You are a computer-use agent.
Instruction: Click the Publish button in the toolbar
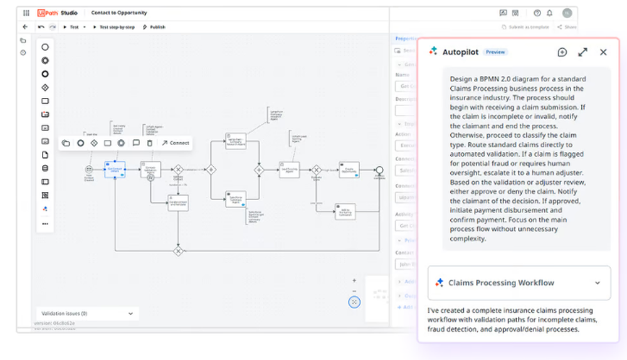pos(154,27)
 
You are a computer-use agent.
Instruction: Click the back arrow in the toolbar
pos(25,27)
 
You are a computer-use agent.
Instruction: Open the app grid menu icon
pos(26,13)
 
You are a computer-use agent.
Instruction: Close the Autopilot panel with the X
pos(603,52)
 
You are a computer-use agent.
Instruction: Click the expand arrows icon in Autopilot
pos(582,52)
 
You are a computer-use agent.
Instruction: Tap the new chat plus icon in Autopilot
pos(562,52)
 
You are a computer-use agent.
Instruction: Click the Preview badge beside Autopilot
pos(495,52)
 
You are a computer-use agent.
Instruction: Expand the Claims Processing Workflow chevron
pos(598,283)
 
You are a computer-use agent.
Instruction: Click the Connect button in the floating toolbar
pos(175,143)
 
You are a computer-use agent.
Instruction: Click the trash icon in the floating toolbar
pos(149,143)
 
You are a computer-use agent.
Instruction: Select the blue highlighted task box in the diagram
pos(115,169)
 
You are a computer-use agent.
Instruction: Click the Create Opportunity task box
pos(349,169)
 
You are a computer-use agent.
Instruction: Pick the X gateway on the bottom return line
pos(178,251)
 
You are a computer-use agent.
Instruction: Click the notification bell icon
pos(550,13)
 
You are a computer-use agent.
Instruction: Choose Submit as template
pos(526,27)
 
